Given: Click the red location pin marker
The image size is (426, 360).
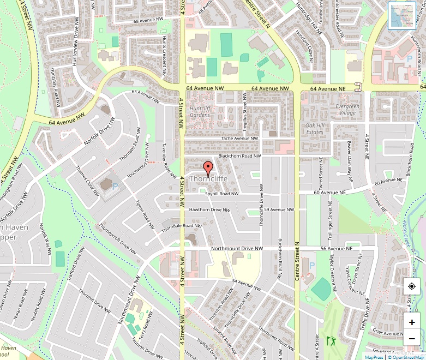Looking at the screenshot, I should (x=207, y=168).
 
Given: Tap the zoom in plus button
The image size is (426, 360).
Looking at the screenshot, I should (x=412, y=322).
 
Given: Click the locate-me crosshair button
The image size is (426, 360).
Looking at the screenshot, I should (x=412, y=286).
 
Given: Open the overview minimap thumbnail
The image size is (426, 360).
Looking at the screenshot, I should (x=402, y=15).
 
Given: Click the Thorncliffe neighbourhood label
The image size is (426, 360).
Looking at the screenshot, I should (x=208, y=178).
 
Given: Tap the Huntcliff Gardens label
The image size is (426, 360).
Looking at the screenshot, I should (x=200, y=111).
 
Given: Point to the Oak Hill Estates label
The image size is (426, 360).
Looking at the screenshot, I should (x=315, y=128).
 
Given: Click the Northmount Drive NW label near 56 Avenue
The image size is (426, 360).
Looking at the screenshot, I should (x=237, y=249).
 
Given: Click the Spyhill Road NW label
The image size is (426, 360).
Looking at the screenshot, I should (x=222, y=194).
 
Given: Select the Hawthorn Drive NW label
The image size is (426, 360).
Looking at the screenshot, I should (x=209, y=209).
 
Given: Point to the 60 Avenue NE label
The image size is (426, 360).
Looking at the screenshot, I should (x=329, y=193).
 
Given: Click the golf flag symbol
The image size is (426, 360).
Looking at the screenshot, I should (x=331, y=341).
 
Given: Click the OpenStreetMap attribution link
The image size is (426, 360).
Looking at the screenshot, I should (x=405, y=357).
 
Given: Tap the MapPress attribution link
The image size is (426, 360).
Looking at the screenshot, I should (x=374, y=357).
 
